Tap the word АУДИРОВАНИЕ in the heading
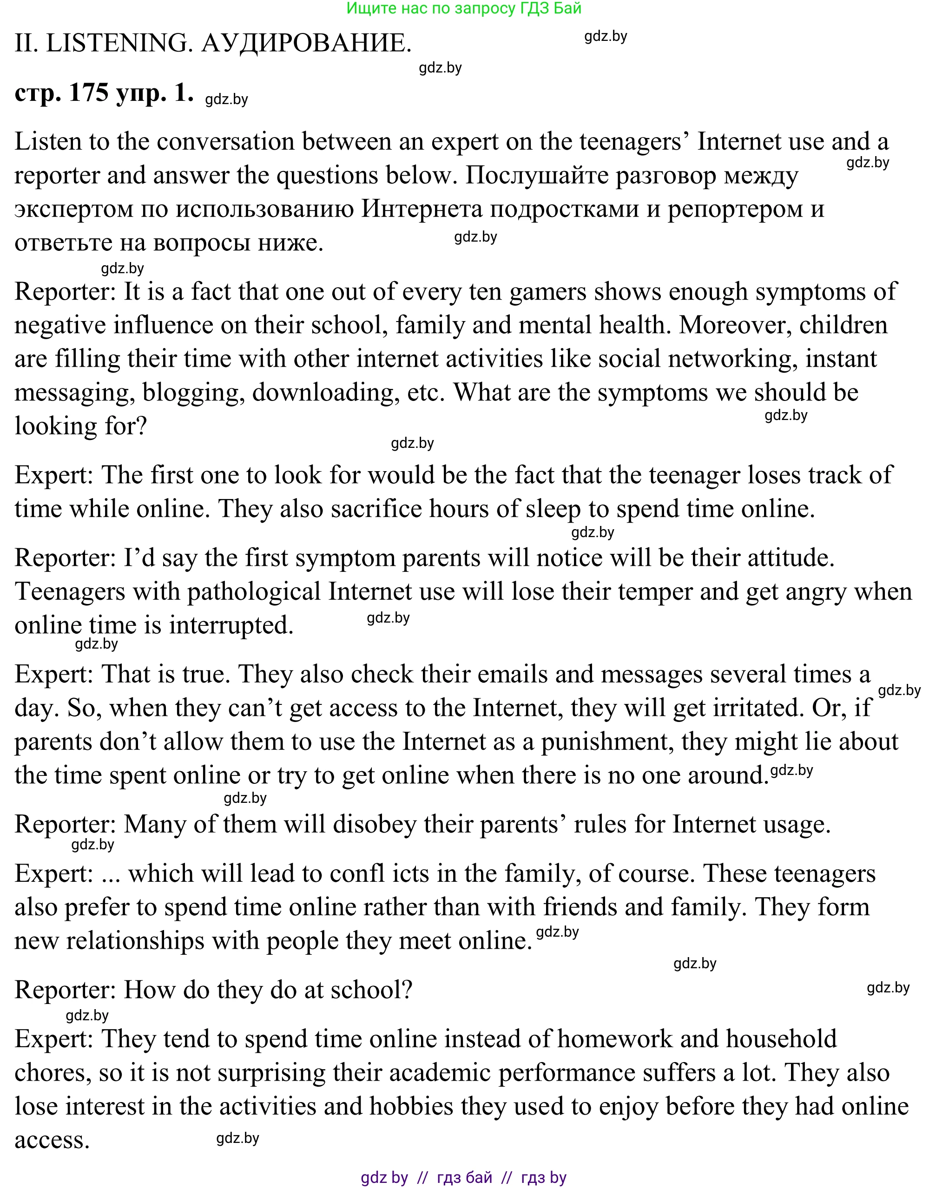(x=306, y=43)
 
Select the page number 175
(x=89, y=92)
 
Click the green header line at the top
(x=464, y=8)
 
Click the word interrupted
(x=231, y=625)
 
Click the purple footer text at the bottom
(x=464, y=1178)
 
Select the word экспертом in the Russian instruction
(x=74, y=209)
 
